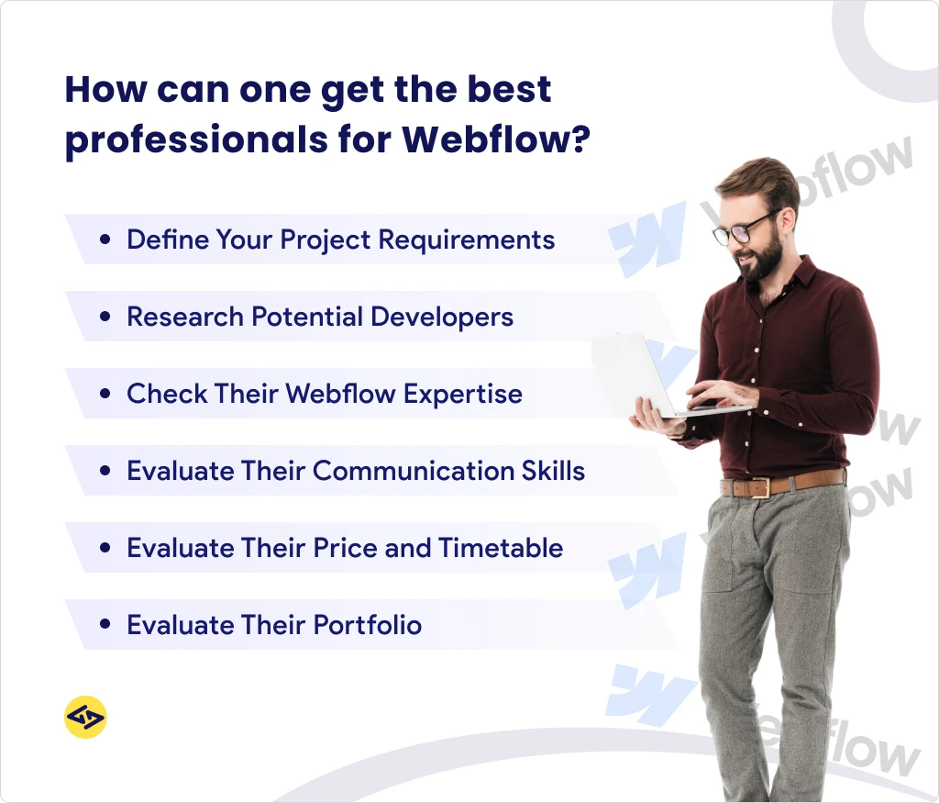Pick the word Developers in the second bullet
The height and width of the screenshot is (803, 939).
coord(441,318)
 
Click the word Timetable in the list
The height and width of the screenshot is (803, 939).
coord(501,549)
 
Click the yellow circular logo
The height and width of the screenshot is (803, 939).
coord(85,717)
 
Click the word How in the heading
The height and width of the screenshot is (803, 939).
coord(105,90)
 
